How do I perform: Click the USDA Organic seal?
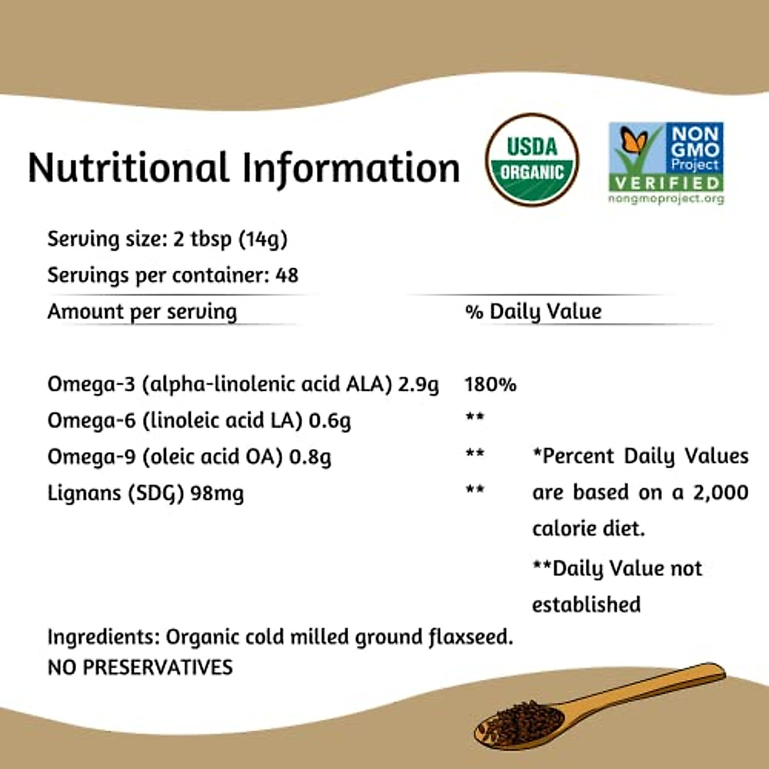pos(532,160)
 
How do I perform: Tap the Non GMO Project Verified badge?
pos(666,157)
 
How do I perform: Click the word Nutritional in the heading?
pos(128,168)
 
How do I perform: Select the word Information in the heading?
pos(351,168)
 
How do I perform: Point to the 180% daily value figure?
pos(490,384)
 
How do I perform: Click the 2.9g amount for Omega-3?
pos(418,384)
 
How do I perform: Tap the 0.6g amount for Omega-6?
pos(329,421)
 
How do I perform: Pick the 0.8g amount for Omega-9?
pos(310,457)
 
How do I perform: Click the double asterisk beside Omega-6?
pos(475,417)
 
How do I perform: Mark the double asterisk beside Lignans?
pos(475,490)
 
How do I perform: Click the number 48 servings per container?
pos(286,276)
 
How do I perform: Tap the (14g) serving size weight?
pos(263,240)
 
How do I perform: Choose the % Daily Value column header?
pos(533,312)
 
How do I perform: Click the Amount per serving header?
pos(142,312)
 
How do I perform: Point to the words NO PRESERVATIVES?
pos(140,667)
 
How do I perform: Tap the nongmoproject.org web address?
pos(666,199)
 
